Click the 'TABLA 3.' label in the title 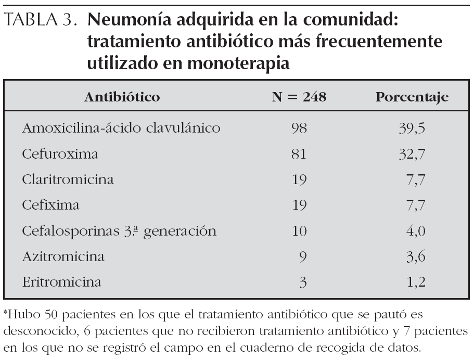43,22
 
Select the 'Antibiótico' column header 122,97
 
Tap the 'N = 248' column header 300,97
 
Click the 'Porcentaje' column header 412,97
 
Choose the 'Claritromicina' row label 68,179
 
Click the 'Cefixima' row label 50,205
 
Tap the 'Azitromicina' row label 63,256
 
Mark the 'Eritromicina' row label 62,282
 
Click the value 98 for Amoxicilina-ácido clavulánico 300,128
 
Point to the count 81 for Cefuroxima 300,154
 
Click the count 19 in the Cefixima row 300,205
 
